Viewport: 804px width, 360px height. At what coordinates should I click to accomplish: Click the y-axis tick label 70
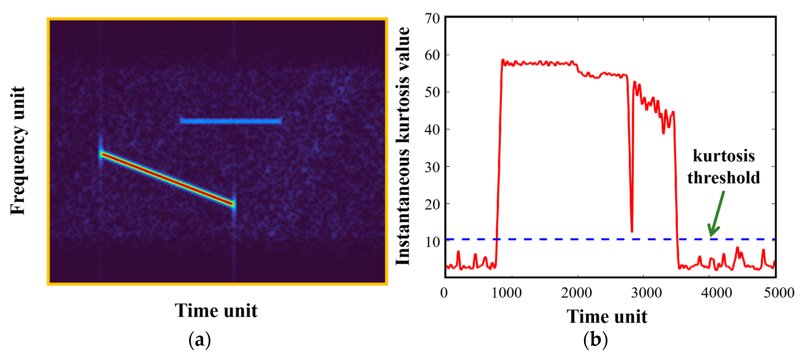[x=432, y=19]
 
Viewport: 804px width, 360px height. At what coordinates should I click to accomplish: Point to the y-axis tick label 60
[x=432, y=55]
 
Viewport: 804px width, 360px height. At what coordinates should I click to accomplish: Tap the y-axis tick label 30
[x=432, y=167]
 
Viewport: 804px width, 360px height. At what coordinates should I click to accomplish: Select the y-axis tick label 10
[x=433, y=242]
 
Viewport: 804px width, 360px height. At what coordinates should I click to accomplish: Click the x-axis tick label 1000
[x=507, y=293]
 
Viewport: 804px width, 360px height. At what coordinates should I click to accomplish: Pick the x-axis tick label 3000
[x=646, y=293]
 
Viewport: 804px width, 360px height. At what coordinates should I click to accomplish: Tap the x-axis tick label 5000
[x=779, y=293]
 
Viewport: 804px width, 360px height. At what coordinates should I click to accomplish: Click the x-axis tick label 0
[x=444, y=293]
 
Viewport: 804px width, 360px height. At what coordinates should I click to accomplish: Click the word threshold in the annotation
[x=723, y=178]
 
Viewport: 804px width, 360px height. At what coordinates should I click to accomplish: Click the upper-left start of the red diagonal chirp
[x=102, y=154]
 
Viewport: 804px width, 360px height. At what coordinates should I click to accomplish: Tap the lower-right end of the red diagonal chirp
[x=232, y=204]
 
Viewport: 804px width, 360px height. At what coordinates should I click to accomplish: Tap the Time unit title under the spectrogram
[x=216, y=311]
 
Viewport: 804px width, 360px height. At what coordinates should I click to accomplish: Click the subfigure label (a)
[x=200, y=340]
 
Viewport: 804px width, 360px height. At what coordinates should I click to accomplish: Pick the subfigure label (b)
[x=596, y=340]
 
